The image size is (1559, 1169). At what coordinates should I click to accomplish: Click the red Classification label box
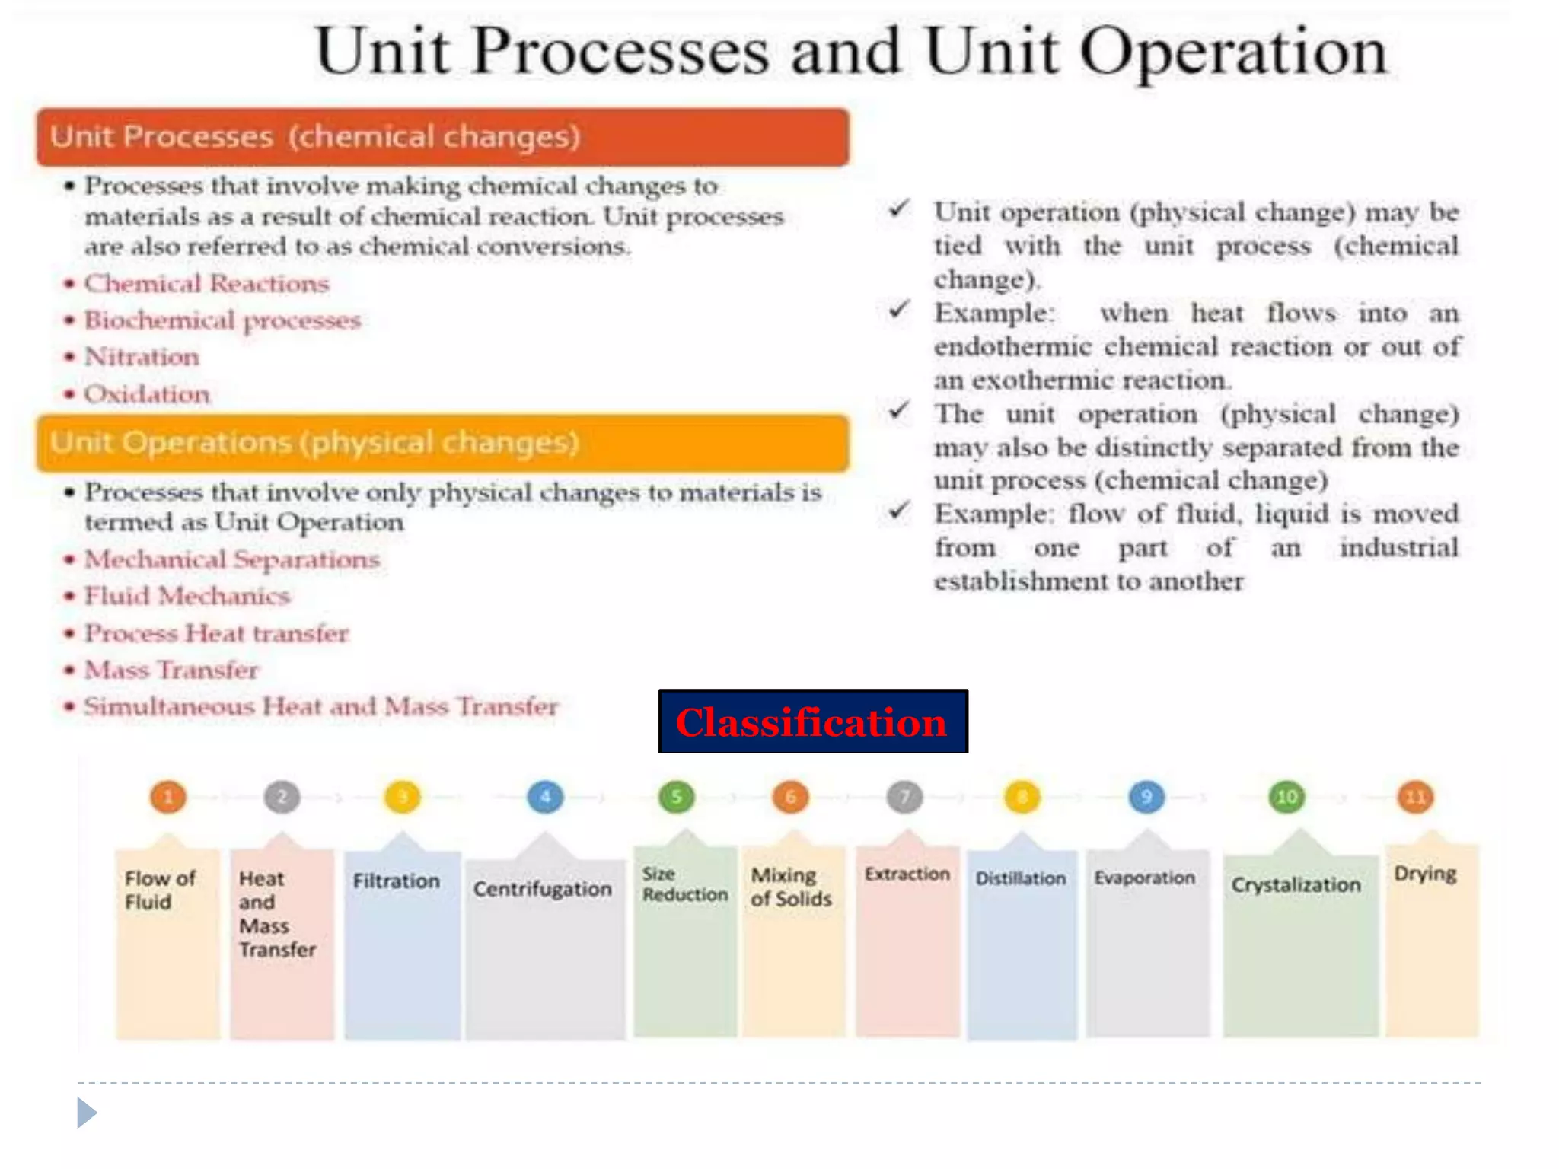pos(812,721)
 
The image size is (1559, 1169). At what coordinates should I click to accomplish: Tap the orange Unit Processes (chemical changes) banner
pos(442,137)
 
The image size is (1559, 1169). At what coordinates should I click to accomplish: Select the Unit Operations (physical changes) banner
pos(442,443)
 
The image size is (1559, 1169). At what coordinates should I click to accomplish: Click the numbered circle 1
pos(168,797)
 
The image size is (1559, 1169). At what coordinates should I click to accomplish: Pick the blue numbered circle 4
pos(545,797)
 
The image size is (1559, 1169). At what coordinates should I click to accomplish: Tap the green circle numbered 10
pos(1286,797)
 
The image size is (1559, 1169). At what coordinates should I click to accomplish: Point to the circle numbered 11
pos(1415,797)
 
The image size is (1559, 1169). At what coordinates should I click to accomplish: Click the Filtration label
pos(396,881)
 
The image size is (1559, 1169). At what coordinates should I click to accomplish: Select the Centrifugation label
pos(542,889)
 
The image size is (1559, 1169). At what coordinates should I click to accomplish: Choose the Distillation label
pos(1021,878)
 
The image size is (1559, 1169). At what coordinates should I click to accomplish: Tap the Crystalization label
pos(1296,884)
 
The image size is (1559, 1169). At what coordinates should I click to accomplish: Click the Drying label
pos(1425,874)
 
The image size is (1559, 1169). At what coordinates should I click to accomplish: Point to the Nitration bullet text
pos(142,356)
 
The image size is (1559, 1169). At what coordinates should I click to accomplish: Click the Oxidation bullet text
pos(146,394)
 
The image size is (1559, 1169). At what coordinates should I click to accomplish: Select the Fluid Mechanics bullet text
pos(187,595)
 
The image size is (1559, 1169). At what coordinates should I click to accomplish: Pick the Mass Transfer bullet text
pos(171,670)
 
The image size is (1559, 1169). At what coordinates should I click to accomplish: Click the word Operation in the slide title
pos(1233,52)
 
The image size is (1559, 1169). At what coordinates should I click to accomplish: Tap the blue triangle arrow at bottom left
pos(86,1113)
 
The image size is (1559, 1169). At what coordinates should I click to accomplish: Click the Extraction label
pos(907,874)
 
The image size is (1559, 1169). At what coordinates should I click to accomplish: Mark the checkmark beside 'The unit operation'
pos(899,412)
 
